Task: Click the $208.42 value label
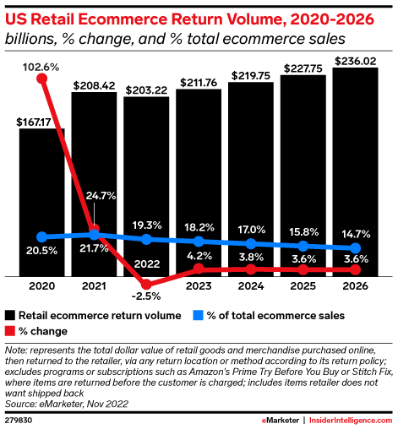tap(94, 84)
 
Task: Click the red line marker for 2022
tap(147, 282)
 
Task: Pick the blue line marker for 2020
tap(42, 236)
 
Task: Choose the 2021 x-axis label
tap(95, 286)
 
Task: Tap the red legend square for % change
tap(10, 330)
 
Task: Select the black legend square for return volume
tap(10, 316)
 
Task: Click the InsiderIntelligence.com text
tap(349, 418)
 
